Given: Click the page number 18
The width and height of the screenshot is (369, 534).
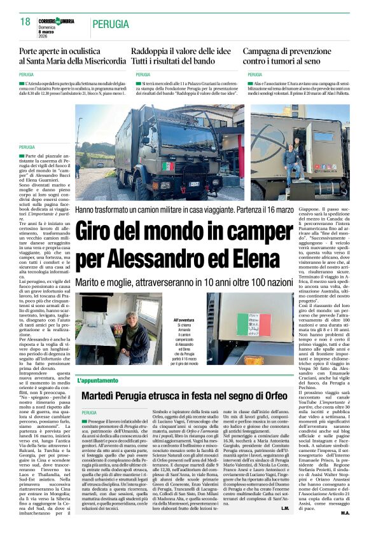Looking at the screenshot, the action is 25,22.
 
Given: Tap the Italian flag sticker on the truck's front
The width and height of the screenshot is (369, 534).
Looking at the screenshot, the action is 168,167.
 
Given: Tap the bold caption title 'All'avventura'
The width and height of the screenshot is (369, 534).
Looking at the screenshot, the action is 183,320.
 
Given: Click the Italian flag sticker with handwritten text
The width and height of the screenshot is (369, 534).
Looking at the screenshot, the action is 251,325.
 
